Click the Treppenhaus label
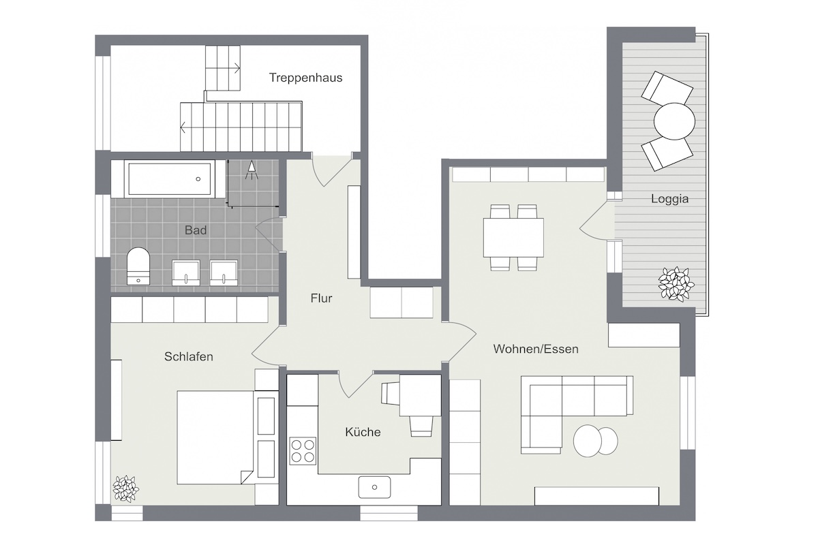coord(305,78)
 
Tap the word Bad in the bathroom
coord(196,230)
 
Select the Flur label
coord(321,298)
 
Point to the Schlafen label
coord(188,357)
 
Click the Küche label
coord(363,432)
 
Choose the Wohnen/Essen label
coord(536,349)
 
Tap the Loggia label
coord(669,198)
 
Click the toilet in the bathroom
coord(138,266)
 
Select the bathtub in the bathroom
coord(170,179)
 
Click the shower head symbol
coord(252,170)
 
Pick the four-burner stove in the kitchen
coord(303,451)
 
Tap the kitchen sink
coord(374,487)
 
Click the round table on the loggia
coord(674,121)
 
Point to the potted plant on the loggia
coord(676,284)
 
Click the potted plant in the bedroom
coord(125,488)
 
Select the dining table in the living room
coord(513,238)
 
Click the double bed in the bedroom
coord(215,437)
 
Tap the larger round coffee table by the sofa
coord(588,441)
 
